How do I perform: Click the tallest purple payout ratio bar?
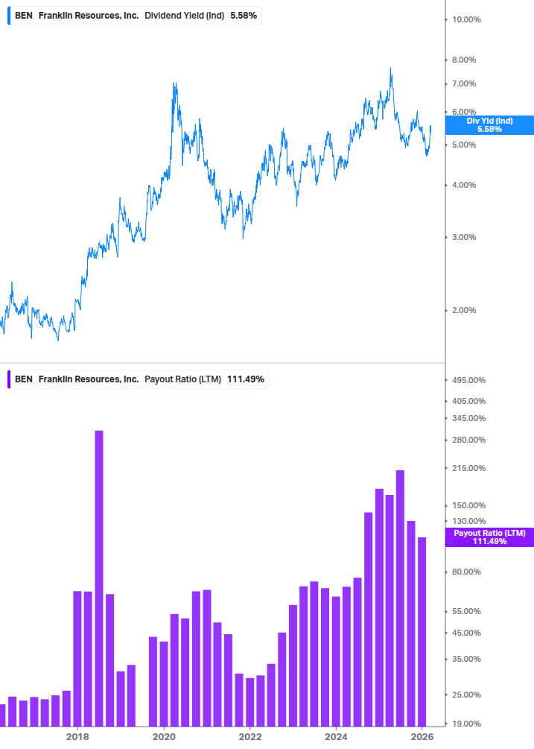98,578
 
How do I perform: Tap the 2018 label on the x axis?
77,737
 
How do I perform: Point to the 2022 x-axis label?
250,737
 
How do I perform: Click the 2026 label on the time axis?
422,737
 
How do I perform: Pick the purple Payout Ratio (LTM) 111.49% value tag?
489,537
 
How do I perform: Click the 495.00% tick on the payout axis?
468,380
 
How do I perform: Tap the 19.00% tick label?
467,724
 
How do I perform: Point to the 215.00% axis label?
468,468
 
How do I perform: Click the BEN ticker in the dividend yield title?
23,15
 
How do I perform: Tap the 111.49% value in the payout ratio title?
246,379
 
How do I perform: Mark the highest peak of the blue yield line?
390,69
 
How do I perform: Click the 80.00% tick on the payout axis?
467,572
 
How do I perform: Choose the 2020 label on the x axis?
164,737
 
